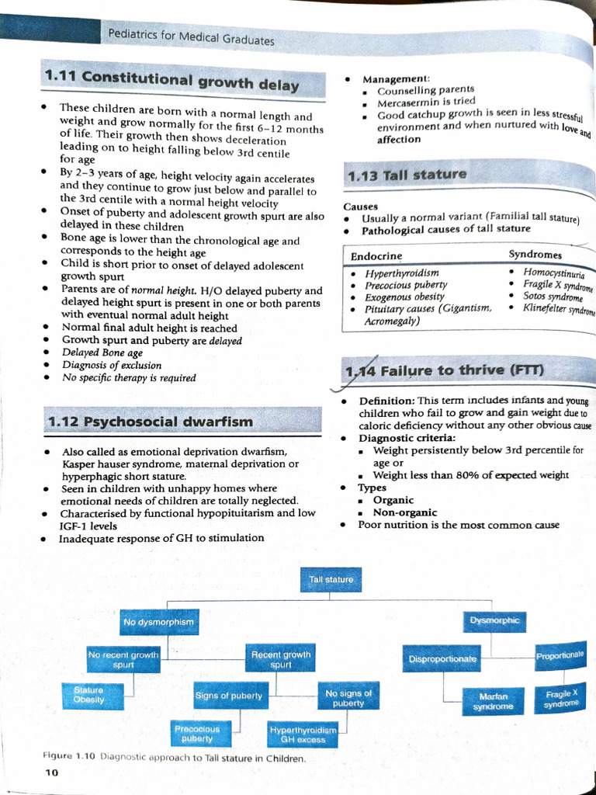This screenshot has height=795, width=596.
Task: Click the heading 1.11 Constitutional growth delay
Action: tap(172, 80)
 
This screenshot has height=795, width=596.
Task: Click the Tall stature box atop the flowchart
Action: tap(331, 580)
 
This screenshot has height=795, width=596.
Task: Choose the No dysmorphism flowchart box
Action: tap(158, 622)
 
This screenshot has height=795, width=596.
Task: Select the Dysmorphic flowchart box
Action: tap(494, 620)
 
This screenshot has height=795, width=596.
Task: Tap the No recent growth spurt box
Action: tap(123, 660)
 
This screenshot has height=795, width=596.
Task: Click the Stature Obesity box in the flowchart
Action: tap(88, 695)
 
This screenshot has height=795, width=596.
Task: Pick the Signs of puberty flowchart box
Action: tap(230, 696)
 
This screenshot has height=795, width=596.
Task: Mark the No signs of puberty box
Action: tap(348, 698)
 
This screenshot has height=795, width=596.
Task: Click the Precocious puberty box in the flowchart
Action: tap(197, 734)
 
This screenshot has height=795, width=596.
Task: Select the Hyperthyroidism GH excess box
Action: tap(303, 734)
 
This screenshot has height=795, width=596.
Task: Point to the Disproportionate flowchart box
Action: tap(442, 659)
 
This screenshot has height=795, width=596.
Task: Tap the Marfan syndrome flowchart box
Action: tap(494, 702)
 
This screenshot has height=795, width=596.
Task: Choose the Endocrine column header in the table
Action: tap(376, 256)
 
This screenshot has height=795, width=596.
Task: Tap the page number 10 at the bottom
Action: tap(51, 772)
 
